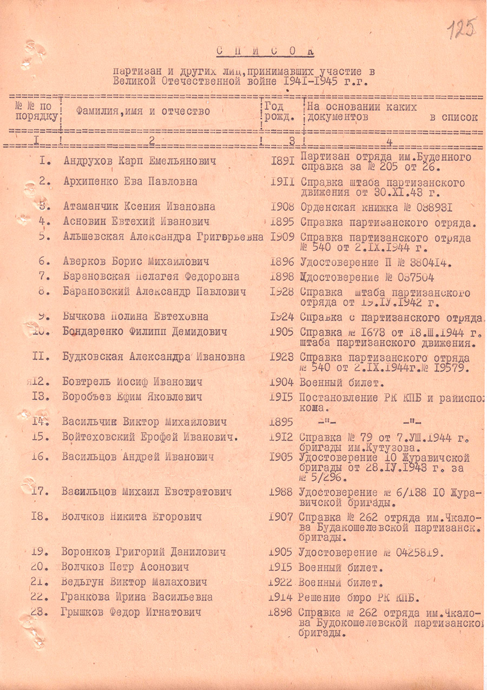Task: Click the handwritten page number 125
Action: coord(463,29)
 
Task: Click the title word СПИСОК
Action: coord(265,51)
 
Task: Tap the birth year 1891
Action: coord(281,161)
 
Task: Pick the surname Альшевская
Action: coord(93,237)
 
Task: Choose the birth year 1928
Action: coord(281,292)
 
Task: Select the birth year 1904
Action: coord(281,382)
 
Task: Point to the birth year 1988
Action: coord(281,492)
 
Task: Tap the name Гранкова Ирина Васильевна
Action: coord(137,597)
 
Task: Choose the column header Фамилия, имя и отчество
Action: coord(142,111)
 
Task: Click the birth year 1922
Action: coord(281,582)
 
